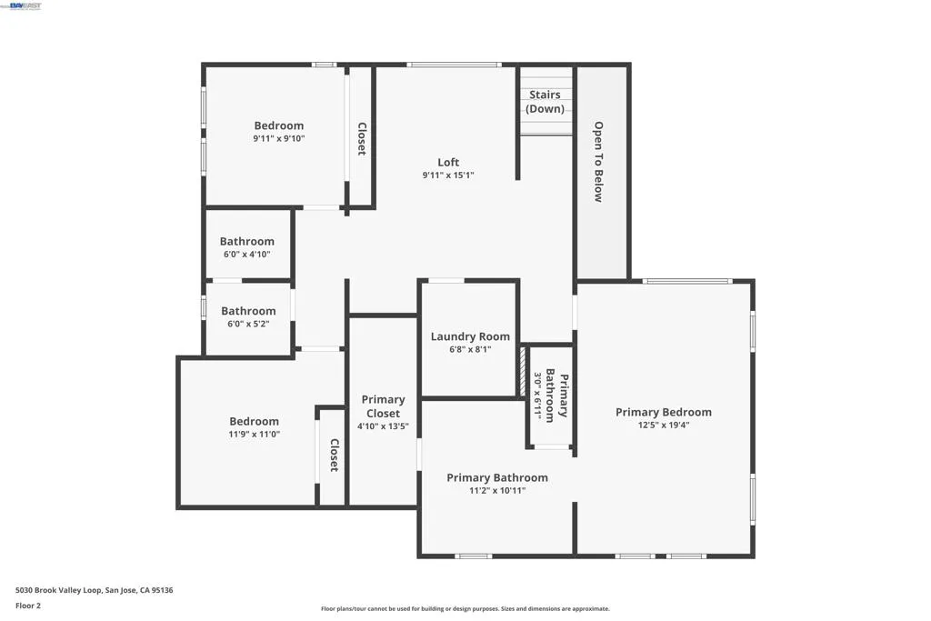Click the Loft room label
pyautogui.click(x=448, y=162)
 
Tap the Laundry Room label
pyautogui.click(x=470, y=336)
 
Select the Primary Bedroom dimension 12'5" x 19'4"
pyautogui.click(x=663, y=426)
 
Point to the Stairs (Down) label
pyautogui.click(x=546, y=102)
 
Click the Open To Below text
pyautogui.click(x=598, y=162)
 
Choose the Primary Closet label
pyautogui.click(x=383, y=406)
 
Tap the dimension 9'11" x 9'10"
pyautogui.click(x=279, y=139)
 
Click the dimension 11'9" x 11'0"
pyautogui.click(x=255, y=435)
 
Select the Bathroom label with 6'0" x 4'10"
pyautogui.click(x=247, y=241)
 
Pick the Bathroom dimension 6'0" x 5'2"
pyautogui.click(x=248, y=325)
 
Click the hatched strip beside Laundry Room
pyautogui.click(x=523, y=372)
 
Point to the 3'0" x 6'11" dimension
pyautogui.click(x=537, y=396)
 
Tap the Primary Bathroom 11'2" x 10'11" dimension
pyautogui.click(x=497, y=491)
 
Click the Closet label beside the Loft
pyautogui.click(x=362, y=139)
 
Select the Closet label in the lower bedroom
pyautogui.click(x=335, y=456)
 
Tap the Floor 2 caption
pyautogui.click(x=28, y=606)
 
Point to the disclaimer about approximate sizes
pyautogui.click(x=465, y=608)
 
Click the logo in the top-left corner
pyautogui.click(x=22, y=6)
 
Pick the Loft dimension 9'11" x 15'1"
pyautogui.click(x=448, y=175)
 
